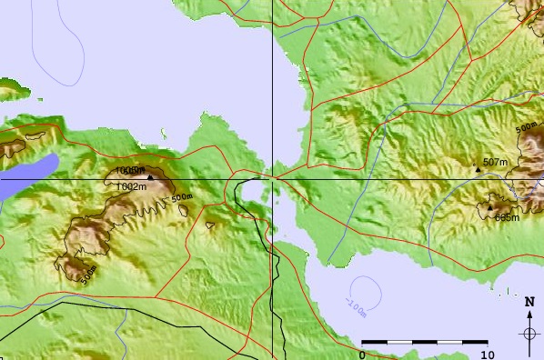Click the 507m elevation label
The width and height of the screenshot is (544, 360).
494,162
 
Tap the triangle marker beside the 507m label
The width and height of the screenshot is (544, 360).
478,169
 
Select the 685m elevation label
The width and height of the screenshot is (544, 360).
507,217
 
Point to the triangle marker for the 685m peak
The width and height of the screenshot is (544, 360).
489,208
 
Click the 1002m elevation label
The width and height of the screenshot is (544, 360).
131,186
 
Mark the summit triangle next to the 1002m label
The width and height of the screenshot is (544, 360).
150,178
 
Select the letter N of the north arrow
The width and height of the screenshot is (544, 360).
529,301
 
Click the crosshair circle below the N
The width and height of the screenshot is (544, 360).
529,334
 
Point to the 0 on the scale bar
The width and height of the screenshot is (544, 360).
362,354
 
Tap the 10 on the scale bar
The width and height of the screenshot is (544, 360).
488,354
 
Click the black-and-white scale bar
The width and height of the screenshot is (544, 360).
425,343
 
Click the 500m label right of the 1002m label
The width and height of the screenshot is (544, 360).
182,197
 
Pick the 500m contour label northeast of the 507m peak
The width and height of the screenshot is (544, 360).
527,128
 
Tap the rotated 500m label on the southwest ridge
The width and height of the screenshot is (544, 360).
87,275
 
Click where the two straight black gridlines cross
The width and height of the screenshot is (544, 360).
273,179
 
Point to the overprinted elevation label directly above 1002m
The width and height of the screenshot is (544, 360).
130,170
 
